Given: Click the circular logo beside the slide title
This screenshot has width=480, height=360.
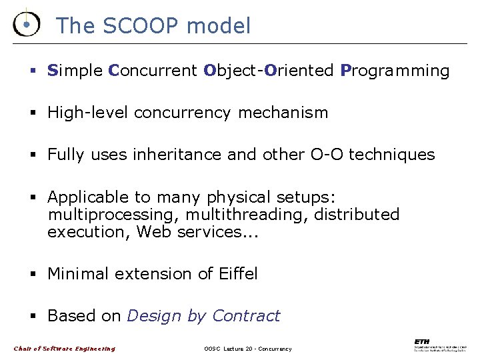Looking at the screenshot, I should pos(25,25).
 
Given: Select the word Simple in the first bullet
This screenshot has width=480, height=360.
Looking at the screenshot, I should pos(75,71).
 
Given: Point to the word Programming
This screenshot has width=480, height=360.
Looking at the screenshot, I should pos(395,71).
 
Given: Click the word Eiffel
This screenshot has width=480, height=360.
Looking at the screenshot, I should pos(237,274).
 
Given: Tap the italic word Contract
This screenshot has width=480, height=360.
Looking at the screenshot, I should pos(246,316).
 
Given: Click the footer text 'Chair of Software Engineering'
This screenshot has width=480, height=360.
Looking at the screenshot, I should pos(64,349).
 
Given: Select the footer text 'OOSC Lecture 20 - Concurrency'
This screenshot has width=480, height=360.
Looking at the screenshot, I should pos(247,349).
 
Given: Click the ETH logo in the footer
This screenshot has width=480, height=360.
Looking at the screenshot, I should pos(439,345).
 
